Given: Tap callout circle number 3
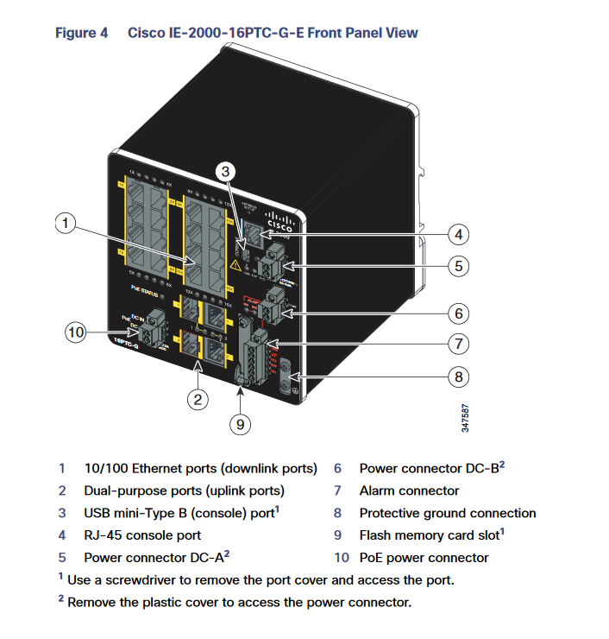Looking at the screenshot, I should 225,172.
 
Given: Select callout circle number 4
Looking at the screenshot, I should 460,234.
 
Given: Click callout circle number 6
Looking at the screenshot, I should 460,312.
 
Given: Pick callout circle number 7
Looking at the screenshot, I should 460,344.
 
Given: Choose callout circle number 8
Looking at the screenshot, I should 460,376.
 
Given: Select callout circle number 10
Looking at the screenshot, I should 77,330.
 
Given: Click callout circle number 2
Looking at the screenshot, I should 198,398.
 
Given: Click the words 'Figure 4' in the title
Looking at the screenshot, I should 82,33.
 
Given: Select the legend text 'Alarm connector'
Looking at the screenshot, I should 409,490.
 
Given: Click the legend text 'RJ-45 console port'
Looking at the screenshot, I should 142,535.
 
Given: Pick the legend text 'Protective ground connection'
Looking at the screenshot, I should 447,513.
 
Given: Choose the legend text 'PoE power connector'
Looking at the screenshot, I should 424,558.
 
